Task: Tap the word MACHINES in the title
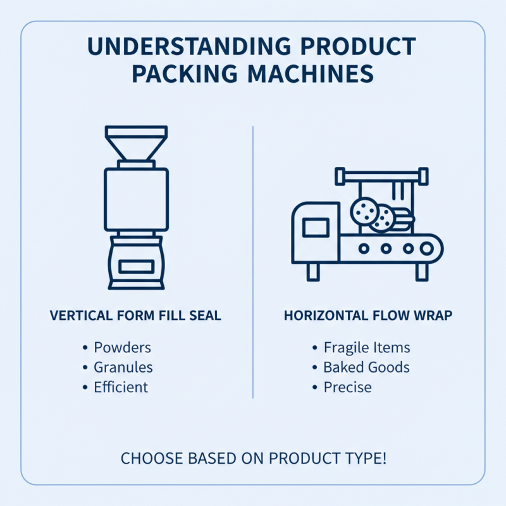click(x=309, y=73)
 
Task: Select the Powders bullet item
click(x=122, y=347)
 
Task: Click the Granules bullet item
click(x=123, y=367)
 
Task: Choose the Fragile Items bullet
click(x=367, y=347)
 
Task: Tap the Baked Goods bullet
click(x=366, y=367)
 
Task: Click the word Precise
click(x=348, y=386)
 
